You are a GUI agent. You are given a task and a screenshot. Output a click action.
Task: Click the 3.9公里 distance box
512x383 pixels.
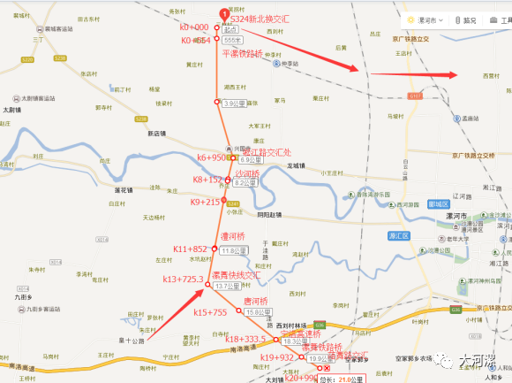click(233, 103)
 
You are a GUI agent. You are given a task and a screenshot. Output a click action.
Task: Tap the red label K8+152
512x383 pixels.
click(207, 180)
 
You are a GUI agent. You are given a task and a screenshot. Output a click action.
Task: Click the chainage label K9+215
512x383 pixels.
click(205, 202)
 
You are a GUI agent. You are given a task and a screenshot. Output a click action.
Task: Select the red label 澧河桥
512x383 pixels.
click(234, 237)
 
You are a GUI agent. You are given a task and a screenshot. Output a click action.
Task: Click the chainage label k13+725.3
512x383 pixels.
click(183, 280)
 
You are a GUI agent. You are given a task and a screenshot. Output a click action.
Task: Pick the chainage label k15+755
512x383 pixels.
click(210, 312)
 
